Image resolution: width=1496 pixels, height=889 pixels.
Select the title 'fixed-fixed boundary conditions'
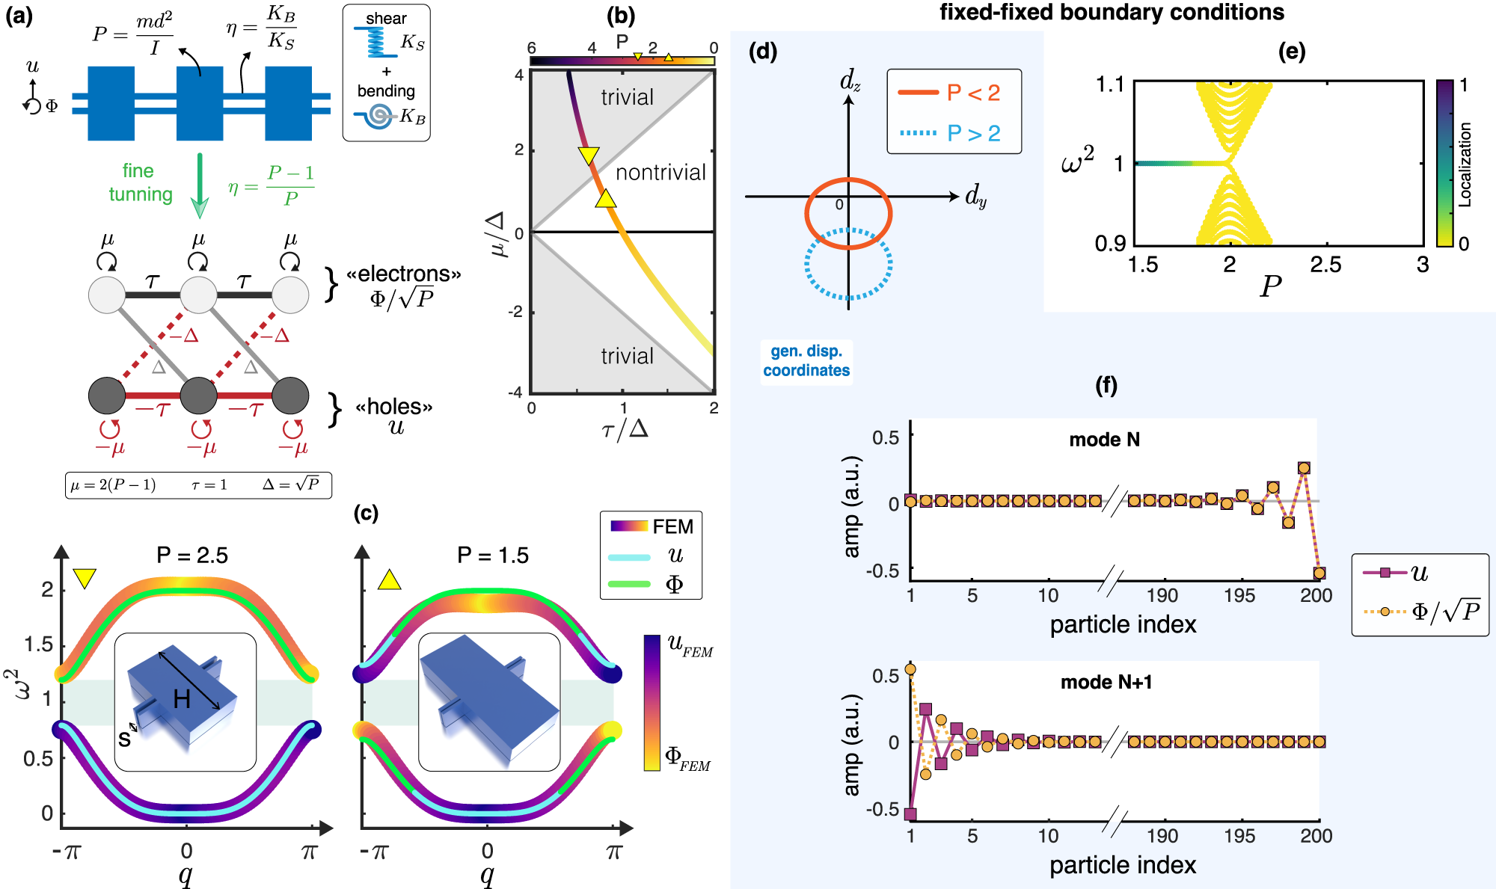point(1112,13)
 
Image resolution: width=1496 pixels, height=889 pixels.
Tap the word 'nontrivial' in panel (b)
point(660,173)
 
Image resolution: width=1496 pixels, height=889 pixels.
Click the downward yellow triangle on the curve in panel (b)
point(589,155)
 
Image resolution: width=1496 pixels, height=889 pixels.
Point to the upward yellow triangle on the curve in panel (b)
point(606,198)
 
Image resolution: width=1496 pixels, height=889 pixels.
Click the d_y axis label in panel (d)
point(975,197)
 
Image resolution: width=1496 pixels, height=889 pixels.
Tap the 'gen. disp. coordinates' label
point(806,360)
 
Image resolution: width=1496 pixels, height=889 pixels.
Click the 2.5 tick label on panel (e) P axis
point(1325,265)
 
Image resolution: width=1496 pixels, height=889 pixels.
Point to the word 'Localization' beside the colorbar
point(1465,164)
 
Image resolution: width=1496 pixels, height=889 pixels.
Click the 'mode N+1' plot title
point(1106,682)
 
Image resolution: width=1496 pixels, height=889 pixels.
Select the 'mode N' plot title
point(1104,440)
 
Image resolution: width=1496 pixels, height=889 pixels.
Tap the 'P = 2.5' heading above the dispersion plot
point(191,556)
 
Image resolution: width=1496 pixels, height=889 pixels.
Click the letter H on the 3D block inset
point(181,699)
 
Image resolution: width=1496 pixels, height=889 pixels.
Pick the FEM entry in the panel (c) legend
point(672,527)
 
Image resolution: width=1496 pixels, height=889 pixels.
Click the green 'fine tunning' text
point(141,182)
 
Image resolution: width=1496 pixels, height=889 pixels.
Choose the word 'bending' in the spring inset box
point(386,91)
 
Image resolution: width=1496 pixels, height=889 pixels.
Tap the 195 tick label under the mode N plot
point(1239,596)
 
